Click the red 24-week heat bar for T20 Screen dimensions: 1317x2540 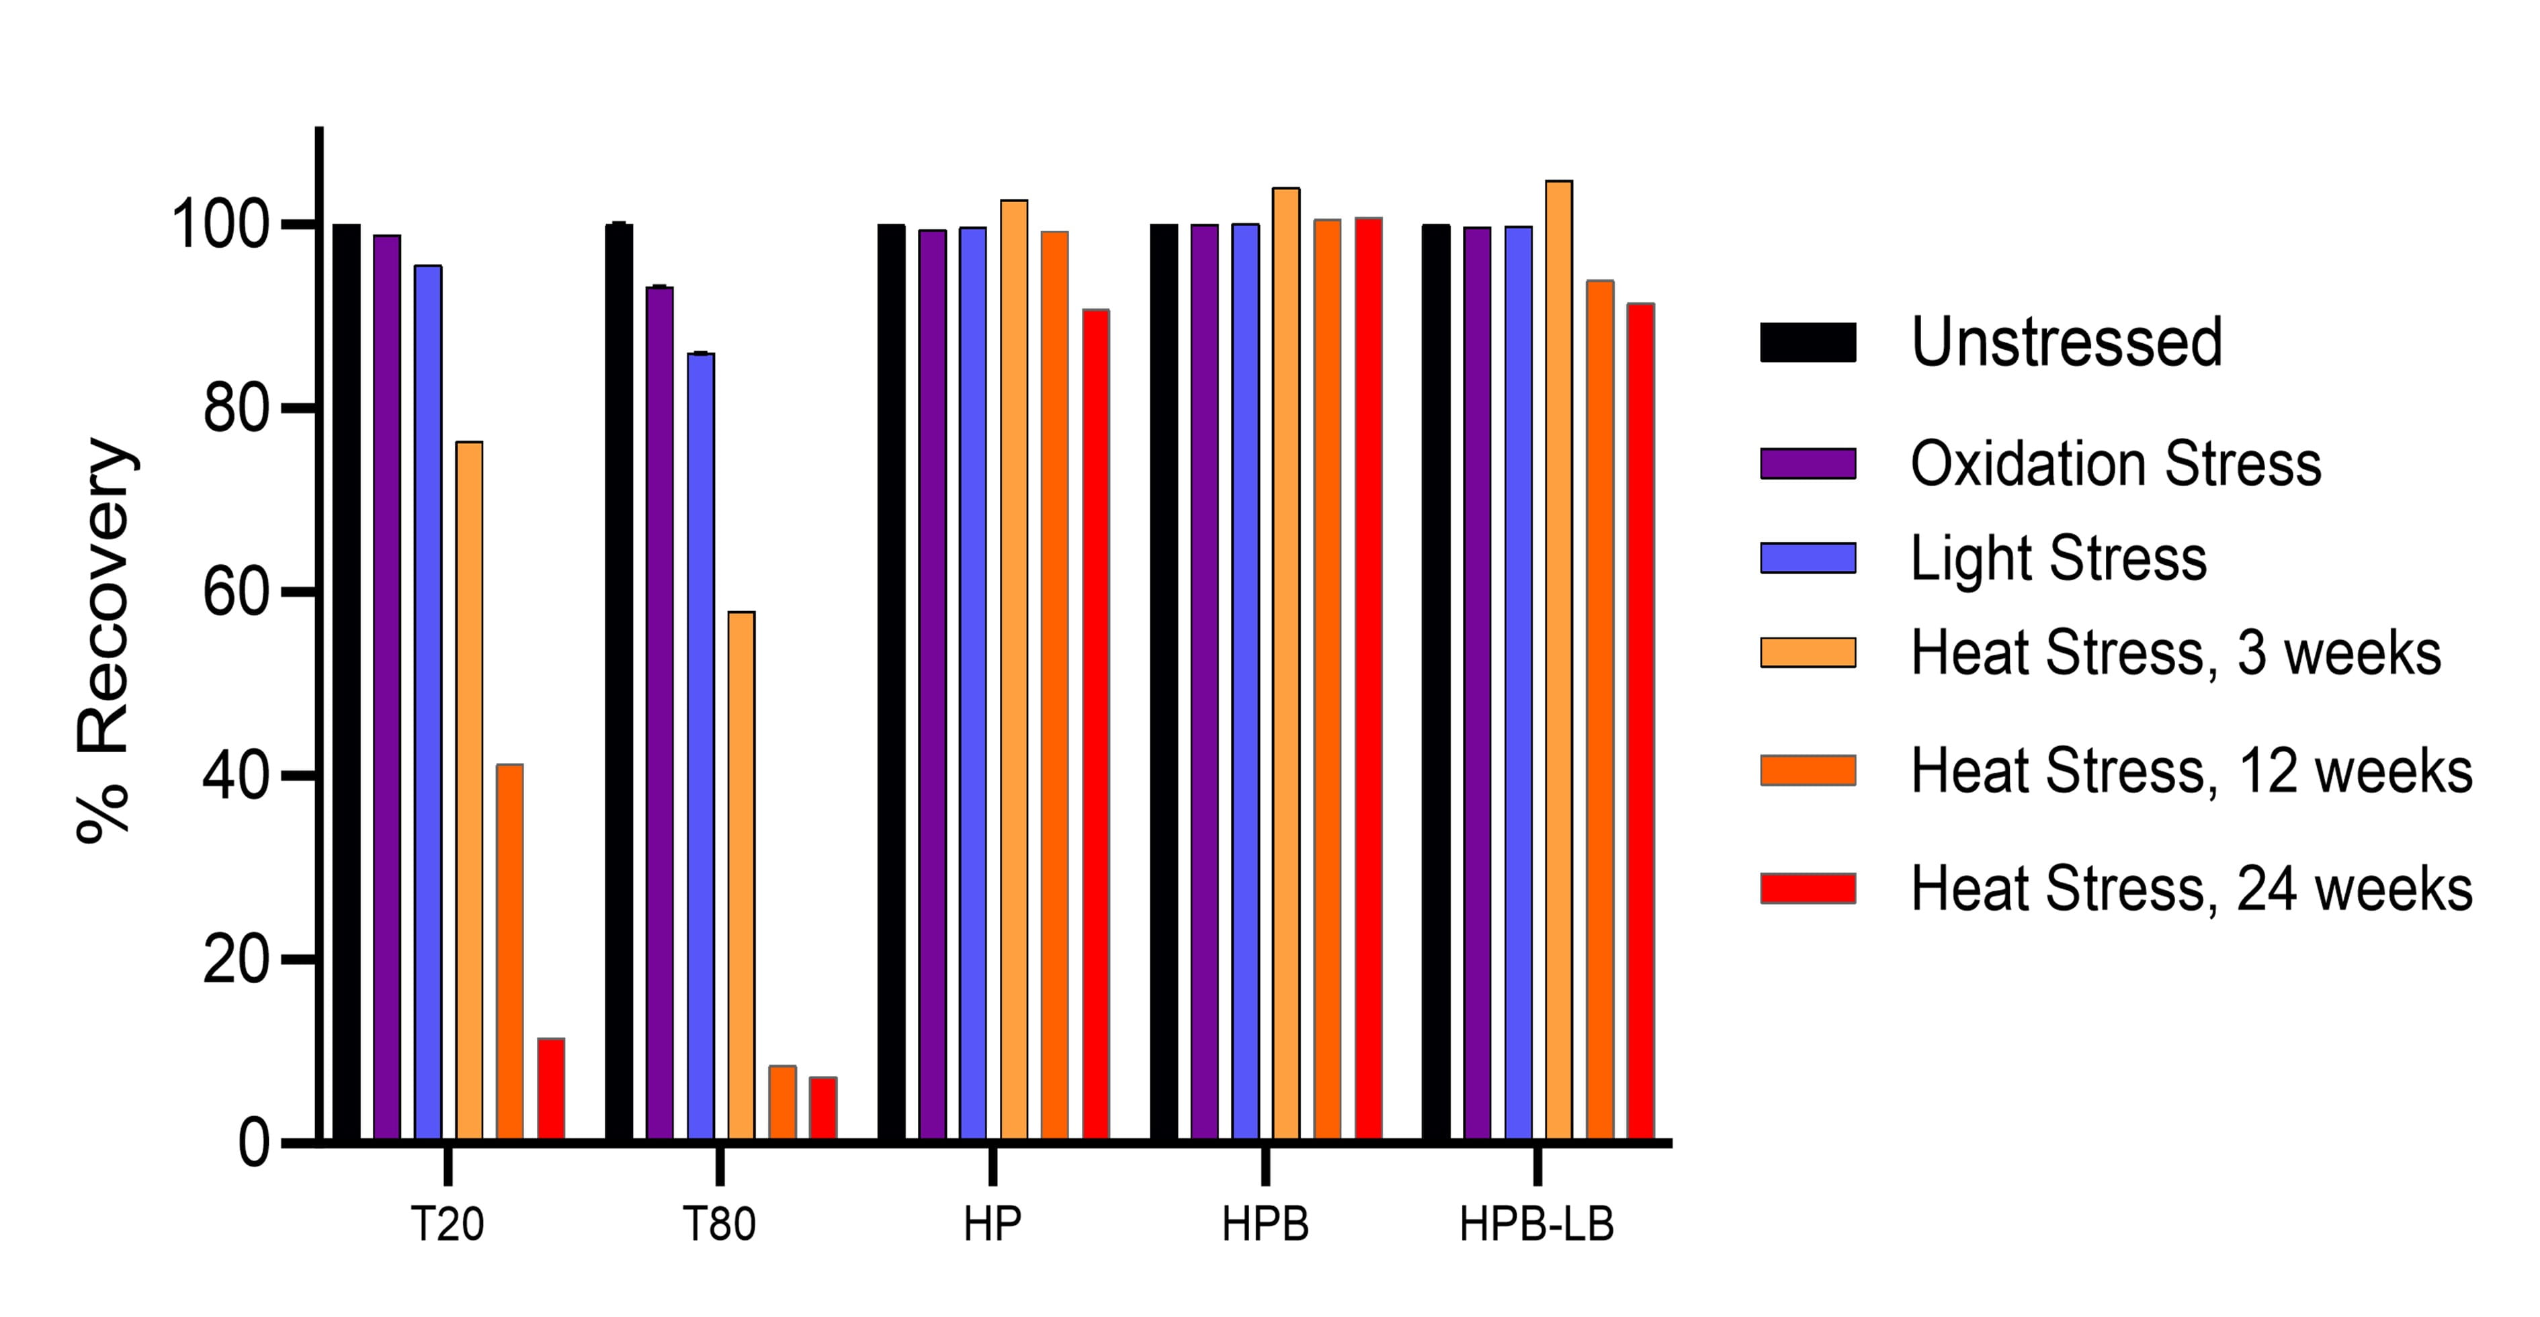coord(551,1089)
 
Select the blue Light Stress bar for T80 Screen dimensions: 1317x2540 coord(701,746)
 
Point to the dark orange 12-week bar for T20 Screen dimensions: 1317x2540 coord(510,952)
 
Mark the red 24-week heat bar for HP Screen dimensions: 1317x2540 coord(1095,725)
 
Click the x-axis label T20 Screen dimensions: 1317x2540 coord(448,1225)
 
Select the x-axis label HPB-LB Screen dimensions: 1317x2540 coord(1536,1225)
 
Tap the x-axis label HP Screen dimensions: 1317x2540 coord(992,1225)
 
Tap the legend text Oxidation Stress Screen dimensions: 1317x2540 coord(2115,463)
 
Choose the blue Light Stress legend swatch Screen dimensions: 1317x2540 coord(1808,558)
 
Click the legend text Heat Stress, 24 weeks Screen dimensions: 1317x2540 coord(2191,889)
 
